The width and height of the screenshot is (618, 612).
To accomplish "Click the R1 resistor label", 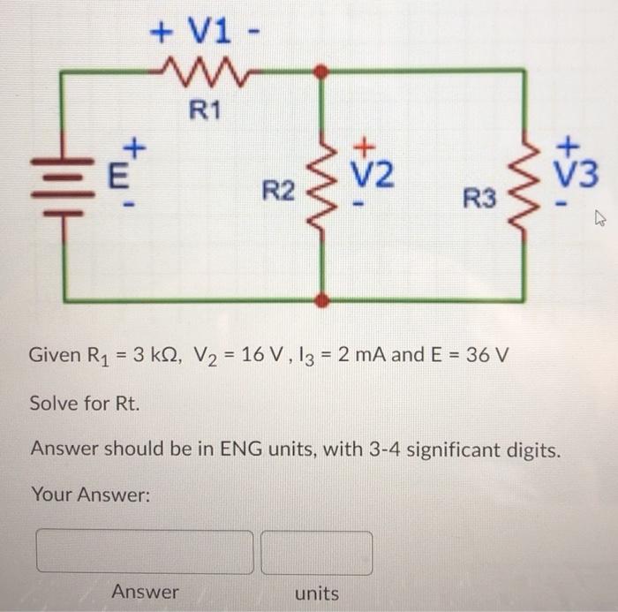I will click(x=209, y=111).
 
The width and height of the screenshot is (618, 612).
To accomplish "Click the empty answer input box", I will click(x=144, y=552).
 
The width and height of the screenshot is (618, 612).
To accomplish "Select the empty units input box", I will click(x=316, y=552).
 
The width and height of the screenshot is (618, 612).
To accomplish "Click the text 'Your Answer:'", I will click(x=91, y=496).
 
